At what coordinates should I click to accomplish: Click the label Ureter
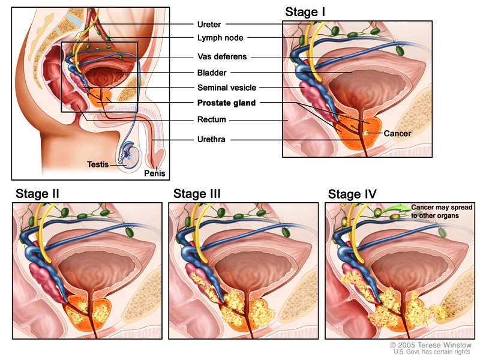[209, 25]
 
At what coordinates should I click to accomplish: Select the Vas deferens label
[222, 57]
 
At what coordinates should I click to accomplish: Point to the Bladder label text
[212, 73]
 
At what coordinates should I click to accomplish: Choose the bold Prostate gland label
[226, 103]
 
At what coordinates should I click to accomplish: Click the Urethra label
[212, 140]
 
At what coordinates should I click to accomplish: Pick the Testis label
[98, 164]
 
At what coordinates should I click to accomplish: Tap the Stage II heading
[37, 193]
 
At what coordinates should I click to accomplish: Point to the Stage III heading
[197, 193]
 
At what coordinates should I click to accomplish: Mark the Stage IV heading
[352, 193]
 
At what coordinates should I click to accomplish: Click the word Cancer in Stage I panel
[397, 133]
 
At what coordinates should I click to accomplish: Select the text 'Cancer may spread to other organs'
[442, 211]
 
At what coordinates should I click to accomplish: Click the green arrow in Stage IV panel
[397, 209]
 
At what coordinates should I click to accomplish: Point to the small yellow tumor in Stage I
[365, 130]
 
